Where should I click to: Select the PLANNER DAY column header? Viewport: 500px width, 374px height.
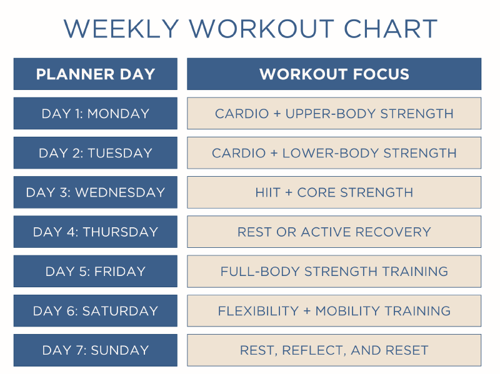95,74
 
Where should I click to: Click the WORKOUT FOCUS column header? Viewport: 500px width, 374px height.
334,74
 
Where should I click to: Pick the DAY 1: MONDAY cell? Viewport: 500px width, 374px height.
95,114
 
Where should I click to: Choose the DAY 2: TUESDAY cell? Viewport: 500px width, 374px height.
95,153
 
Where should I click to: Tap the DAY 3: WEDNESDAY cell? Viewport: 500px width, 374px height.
95,192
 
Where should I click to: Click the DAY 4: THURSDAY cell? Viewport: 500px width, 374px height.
95,232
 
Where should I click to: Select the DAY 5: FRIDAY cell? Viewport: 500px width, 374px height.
95,272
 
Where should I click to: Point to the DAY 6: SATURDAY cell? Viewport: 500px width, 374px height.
95,311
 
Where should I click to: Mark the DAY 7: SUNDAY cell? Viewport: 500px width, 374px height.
95,350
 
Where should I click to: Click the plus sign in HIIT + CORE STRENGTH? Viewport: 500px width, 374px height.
289,192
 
